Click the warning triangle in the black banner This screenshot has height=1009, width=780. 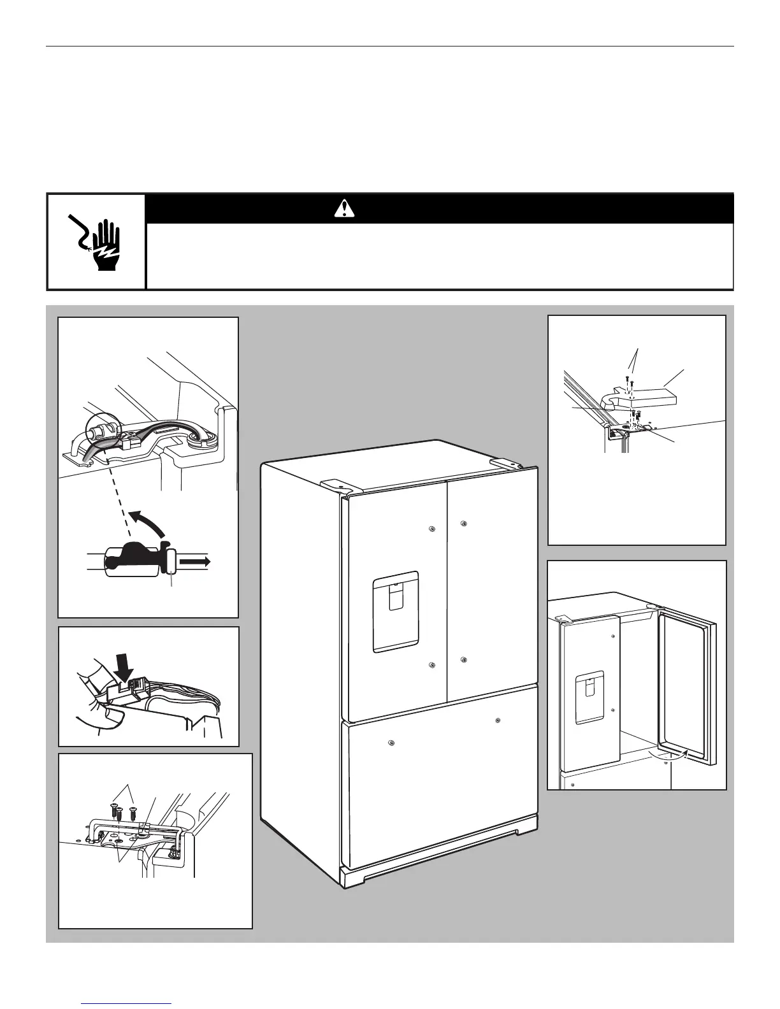coord(344,208)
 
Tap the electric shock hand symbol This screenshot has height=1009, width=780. coord(96,242)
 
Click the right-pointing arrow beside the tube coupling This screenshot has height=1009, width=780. coord(195,561)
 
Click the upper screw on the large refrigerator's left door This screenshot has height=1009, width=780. coord(432,529)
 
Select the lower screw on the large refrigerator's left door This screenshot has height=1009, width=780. coord(432,666)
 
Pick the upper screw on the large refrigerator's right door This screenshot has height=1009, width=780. coord(463,524)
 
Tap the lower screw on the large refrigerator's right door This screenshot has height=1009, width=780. coord(463,659)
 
